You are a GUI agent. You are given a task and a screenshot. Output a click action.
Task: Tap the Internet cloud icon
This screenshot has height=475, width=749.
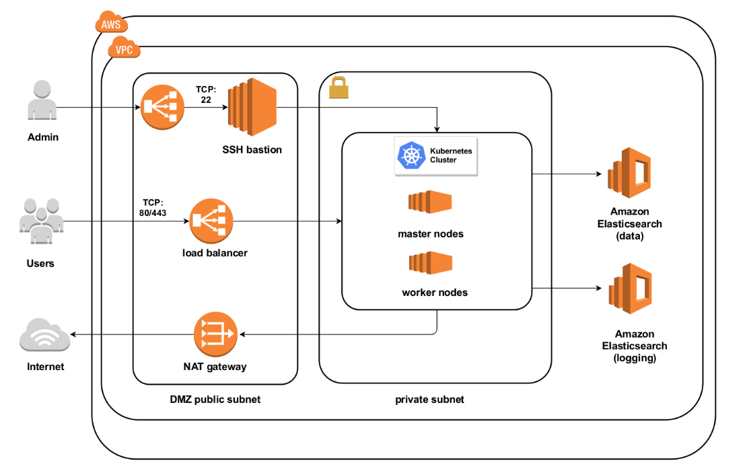(44, 336)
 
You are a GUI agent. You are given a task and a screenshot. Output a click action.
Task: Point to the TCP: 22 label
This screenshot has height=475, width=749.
(205, 94)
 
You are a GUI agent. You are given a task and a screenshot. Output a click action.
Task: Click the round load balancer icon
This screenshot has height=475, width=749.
(211, 221)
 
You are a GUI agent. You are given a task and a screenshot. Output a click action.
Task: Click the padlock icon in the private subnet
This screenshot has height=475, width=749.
(338, 87)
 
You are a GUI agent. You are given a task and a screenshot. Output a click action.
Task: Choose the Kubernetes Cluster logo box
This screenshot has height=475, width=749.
(435, 155)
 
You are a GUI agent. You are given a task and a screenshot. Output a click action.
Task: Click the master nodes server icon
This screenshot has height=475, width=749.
(430, 203)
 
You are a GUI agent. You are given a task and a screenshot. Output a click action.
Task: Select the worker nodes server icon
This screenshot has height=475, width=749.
(430, 262)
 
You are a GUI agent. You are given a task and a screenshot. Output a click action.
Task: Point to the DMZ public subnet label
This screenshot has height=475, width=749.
(215, 400)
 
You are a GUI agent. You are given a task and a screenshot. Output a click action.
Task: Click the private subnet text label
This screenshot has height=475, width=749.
(429, 400)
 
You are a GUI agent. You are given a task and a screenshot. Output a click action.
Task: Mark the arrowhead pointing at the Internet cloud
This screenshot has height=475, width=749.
(73, 335)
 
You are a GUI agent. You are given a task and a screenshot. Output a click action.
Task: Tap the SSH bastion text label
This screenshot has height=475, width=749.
(252, 149)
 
